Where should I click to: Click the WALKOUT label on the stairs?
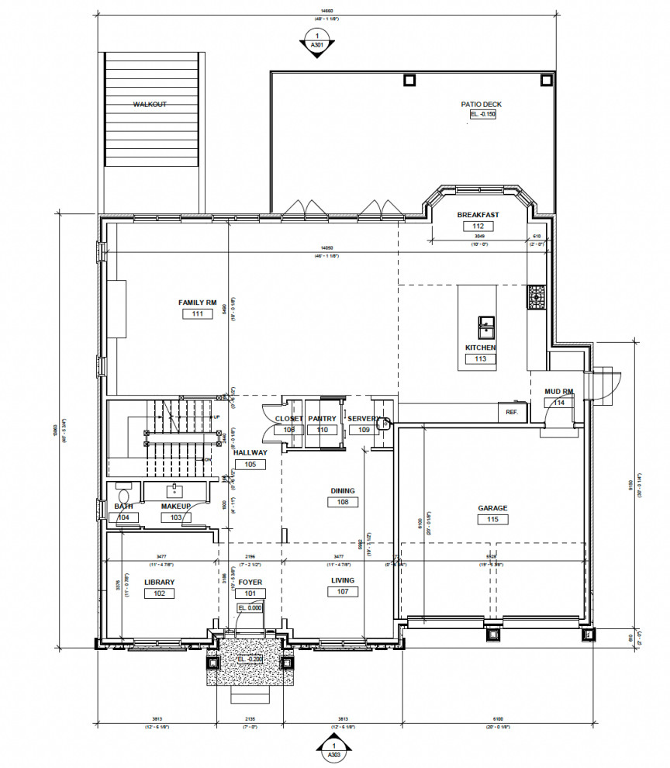[150, 104]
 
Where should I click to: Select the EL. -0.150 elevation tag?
[482, 115]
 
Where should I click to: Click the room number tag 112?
[478, 226]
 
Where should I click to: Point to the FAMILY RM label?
[197, 303]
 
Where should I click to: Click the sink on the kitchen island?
[487, 323]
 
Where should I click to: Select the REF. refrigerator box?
[512, 412]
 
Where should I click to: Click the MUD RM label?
[558, 392]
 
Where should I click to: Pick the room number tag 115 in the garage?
[492, 520]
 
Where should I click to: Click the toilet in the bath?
[123, 494]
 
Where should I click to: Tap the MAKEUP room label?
[176, 507]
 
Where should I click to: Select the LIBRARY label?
[159, 582]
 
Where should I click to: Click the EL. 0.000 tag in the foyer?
[250, 608]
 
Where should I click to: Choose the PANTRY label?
[321, 418]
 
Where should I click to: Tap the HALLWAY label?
[250, 452]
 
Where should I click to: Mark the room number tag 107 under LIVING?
[343, 592]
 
